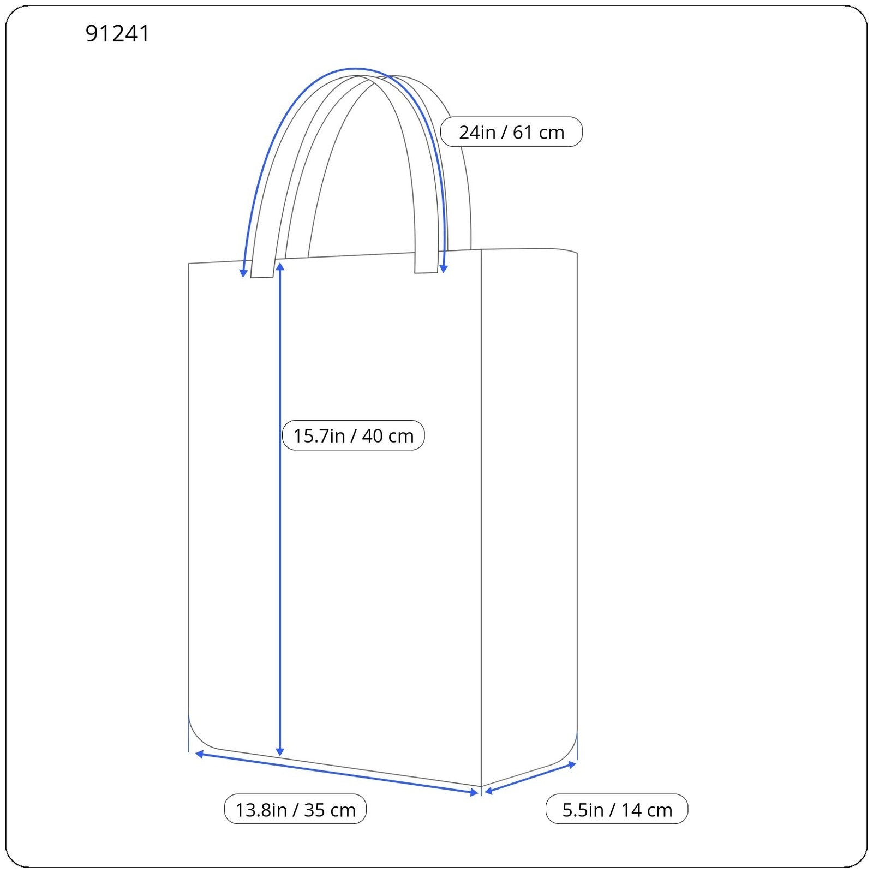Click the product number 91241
(117, 34)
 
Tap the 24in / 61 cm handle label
(511, 132)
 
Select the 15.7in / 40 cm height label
(353, 435)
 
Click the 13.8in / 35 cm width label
(295, 809)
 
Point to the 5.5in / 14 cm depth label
(617, 809)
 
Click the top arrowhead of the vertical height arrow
(280, 266)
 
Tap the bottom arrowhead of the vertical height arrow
(280, 752)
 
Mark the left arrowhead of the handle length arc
(244, 273)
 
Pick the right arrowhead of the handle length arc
(444, 268)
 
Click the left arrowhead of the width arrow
(199, 754)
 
